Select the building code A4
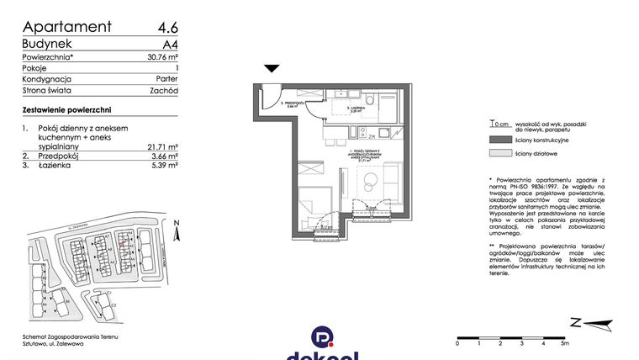pyautogui.click(x=168, y=43)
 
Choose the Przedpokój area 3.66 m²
pyautogui.click(x=161, y=156)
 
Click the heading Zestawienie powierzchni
pyautogui.click(x=66, y=110)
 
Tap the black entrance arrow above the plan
pyautogui.click(x=272, y=69)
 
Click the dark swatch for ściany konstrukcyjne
pyautogui.click(x=499, y=139)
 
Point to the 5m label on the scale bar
pyautogui.click(x=565, y=343)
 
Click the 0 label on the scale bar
pyautogui.click(x=457, y=343)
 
